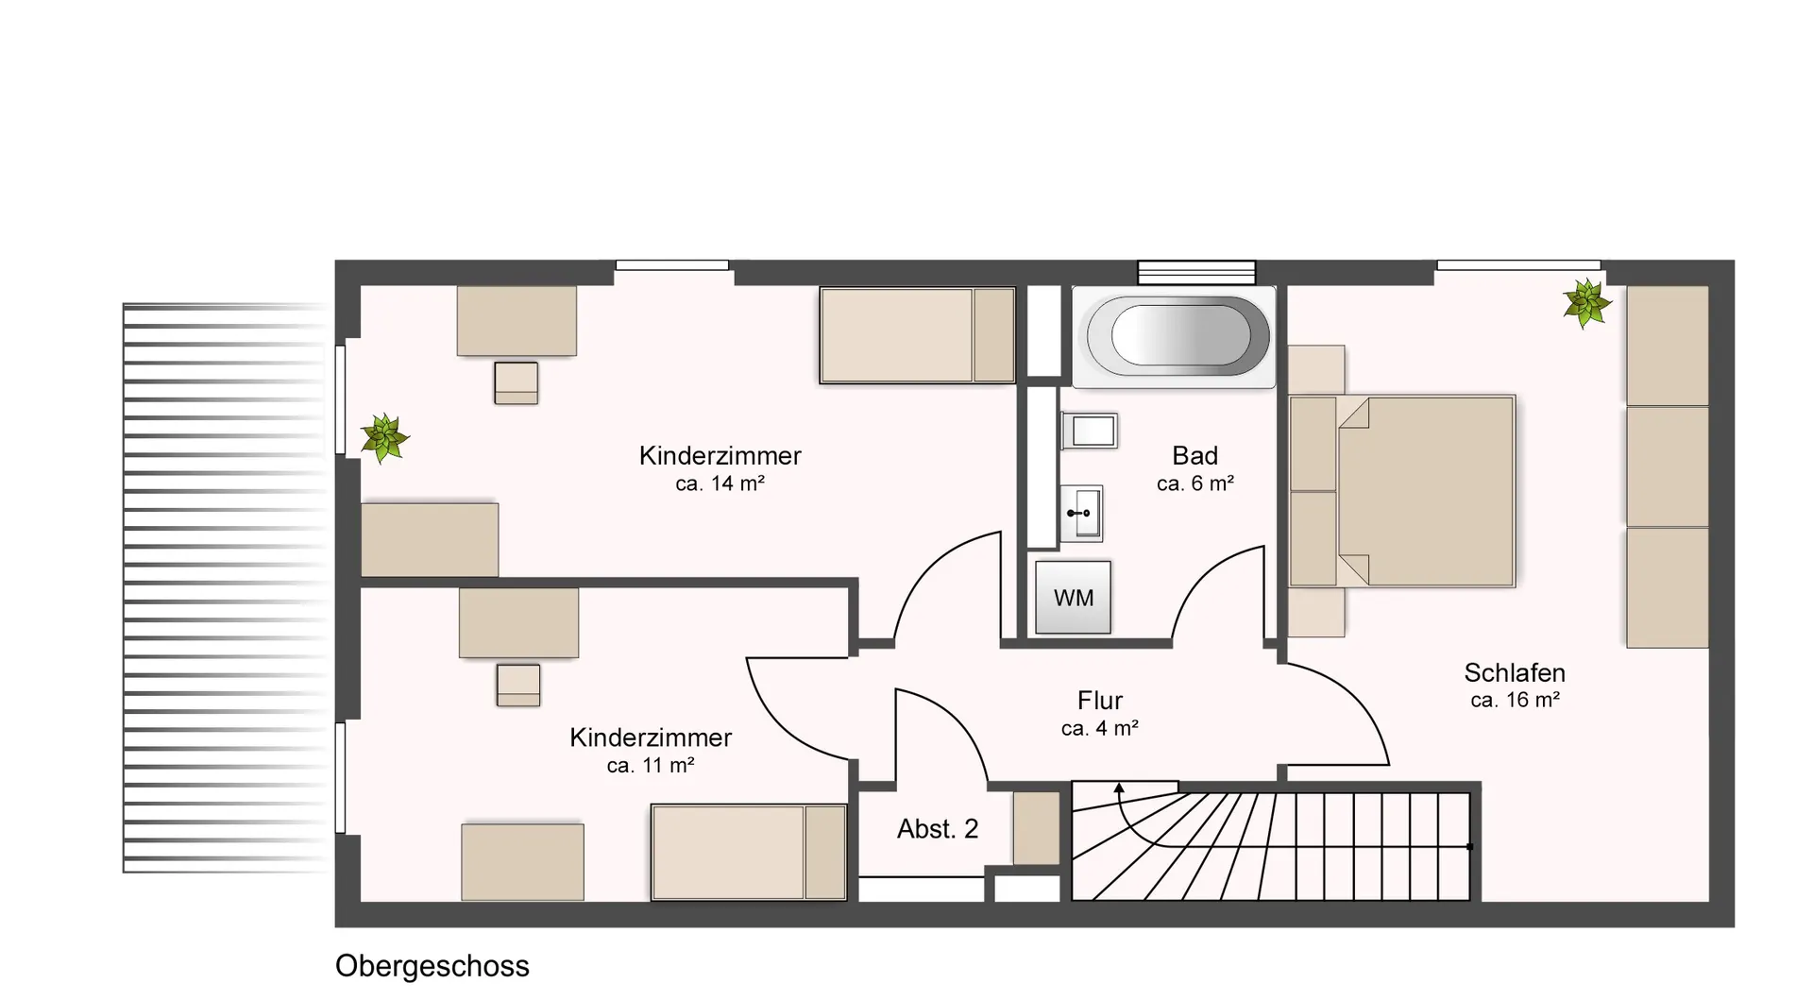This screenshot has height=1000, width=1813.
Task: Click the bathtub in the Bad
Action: (1174, 337)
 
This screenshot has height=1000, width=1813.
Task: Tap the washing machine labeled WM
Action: (1073, 598)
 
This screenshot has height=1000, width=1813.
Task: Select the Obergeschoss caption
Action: (432, 966)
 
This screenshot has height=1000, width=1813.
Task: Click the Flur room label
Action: (1100, 701)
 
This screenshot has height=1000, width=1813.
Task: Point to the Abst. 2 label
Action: (938, 829)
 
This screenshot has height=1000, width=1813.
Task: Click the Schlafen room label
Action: (1515, 672)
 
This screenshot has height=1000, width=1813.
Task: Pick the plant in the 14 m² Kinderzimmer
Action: (384, 438)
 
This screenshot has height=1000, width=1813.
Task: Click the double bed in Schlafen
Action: (1402, 491)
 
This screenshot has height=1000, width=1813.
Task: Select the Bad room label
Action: (1195, 456)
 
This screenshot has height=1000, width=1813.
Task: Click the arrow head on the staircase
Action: (1119, 788)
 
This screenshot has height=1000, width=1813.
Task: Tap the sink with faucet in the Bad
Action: (1082, 514)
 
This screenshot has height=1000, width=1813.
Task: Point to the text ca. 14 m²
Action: (720, 483)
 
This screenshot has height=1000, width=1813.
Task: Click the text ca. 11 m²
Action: (651, 766)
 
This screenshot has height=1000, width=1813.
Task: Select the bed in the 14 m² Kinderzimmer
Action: (917, 335)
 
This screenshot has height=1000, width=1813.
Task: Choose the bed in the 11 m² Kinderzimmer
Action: (749, 853)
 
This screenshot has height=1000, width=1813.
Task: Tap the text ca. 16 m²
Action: (1515, 700)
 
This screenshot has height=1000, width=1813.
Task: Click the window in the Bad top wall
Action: (1196, 272)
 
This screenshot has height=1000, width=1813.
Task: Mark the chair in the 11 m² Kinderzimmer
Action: (518, 686)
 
